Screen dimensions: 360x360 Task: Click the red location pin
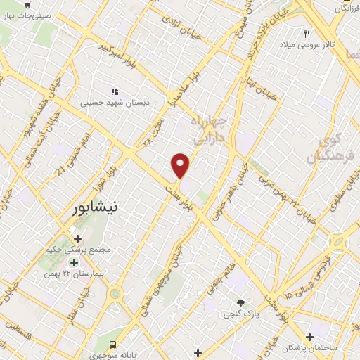(181, 165)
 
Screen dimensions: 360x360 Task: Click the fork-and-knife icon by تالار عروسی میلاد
(307, 34)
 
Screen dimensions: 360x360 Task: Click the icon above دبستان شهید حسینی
(113, 91)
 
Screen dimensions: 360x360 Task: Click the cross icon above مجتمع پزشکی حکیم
(78, 238)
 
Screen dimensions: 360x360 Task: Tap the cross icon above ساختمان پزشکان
(309, 337)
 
